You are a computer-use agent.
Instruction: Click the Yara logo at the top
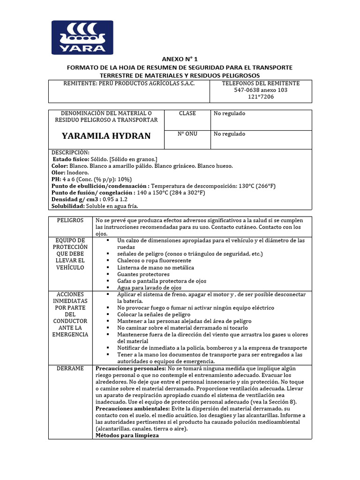tap(82, 37)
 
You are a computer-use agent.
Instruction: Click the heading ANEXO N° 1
tap(180, 60)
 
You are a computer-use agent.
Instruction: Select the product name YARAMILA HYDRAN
tap(106, 136)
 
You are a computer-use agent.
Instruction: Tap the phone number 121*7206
tap(260, 97)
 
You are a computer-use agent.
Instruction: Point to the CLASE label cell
tap(187, 113)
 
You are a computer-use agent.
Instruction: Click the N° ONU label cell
tap(187, 134)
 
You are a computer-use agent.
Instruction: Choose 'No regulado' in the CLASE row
tap(229, 113)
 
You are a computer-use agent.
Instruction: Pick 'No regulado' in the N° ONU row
tap(229, 134)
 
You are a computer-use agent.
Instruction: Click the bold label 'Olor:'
tap(60, 172)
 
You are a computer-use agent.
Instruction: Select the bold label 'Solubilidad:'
tap(68, 206)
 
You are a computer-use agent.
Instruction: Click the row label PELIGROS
tap(70, 220)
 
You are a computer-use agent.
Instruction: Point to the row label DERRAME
tap(70, 368)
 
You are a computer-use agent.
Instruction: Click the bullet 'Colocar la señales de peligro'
tap(154, 315)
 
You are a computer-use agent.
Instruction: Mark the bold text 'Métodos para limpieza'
tap(127, 435)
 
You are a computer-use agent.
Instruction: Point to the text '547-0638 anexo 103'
tap(260, 90)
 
